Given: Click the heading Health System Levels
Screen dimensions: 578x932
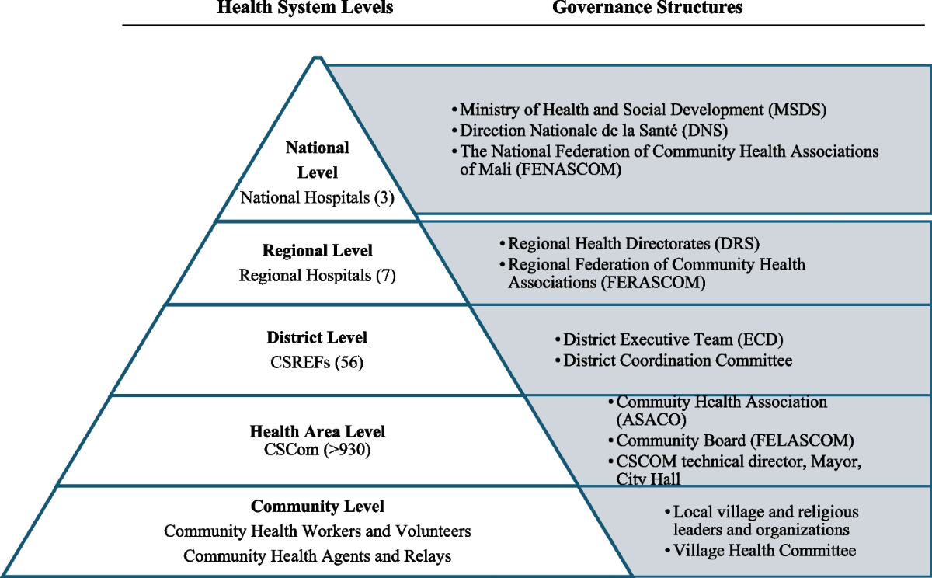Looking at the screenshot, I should (305, 9).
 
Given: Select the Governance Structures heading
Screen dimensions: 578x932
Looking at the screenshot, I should (648, 9).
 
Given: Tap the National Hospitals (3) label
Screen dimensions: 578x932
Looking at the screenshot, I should (318, 197).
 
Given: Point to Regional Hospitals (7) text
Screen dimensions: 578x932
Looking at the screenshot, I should (318, 275).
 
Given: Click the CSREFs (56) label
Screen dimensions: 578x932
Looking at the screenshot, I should (317, 362).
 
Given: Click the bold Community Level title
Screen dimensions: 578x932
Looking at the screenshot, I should (318, 507).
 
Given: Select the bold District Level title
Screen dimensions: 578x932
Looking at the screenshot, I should (317, 338).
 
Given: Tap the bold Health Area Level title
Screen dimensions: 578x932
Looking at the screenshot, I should (318, 432).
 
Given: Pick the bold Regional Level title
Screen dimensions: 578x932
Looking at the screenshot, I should (318, 251).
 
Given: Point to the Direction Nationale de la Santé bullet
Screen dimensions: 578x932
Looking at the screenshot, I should (593, 131).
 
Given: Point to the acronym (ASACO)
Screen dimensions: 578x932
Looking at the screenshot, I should (651, 420).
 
